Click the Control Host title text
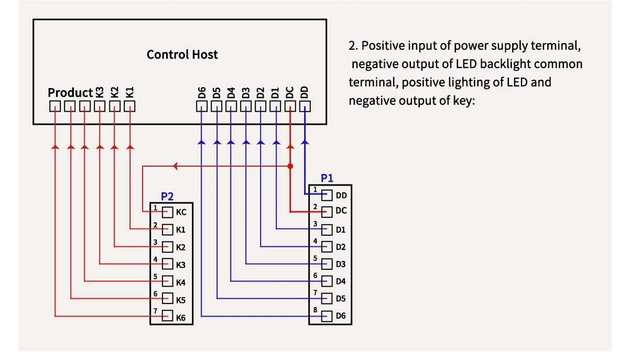click(182, 54)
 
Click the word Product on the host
click(70, 93)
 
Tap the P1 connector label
click(327, 178)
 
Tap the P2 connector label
click(167, 197)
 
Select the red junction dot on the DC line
click(290, 166)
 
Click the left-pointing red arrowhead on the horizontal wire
click(176, 166)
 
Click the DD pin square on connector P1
click(327, 195)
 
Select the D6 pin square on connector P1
click(327, 316)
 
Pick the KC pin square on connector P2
click(168, 212)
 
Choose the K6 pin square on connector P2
click(168, 316)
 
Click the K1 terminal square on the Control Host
click(130, 106)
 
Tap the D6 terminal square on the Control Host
click(202, 106)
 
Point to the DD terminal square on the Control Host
click(305, 106)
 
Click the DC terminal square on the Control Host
click(290, 106)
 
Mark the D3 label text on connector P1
click(341, 264)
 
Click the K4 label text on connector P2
click(181, 282)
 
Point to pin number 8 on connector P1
click(315, 310)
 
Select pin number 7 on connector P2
click(156, 311)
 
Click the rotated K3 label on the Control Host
click(100, 92)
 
